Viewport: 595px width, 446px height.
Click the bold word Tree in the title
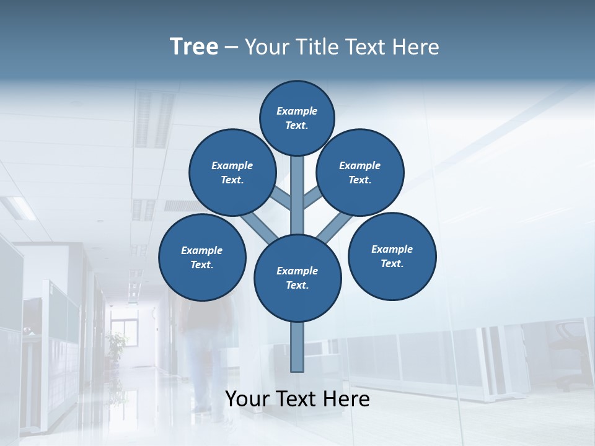(x=194, y=46)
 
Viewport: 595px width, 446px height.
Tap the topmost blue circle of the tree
(x=297, y=118)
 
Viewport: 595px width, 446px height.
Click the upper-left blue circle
(x=232, y=172)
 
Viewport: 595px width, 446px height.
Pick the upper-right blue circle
(x=360, y=172)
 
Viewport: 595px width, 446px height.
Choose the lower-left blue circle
(x=202, y=257)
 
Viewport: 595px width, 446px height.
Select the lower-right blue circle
(x=392, y=256)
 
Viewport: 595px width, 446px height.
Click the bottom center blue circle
(x=297, y=278)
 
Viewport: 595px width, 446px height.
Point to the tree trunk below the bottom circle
(x=297, y=347)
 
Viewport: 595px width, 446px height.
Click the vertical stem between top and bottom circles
(x=297, y=195)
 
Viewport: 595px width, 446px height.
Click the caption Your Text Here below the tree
(x=297, y=399)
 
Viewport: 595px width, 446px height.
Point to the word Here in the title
(x=418, y=47)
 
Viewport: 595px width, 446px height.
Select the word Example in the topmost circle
(x=297, y=111)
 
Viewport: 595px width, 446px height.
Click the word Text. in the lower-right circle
(x=392, y=263)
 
